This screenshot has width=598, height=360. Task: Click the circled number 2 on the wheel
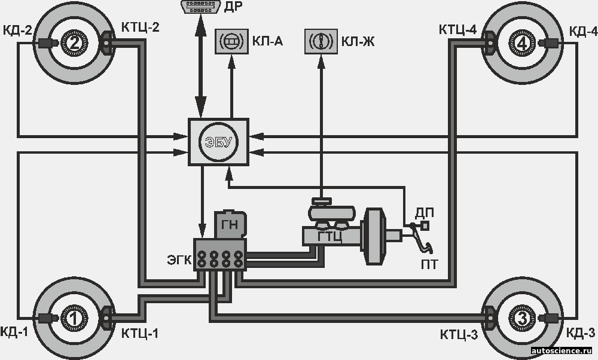click(75, 42)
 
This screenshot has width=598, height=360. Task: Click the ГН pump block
click(230, 224)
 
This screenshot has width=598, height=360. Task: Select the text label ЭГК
click(179, 260)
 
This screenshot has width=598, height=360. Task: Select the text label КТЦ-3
click(459, 334)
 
